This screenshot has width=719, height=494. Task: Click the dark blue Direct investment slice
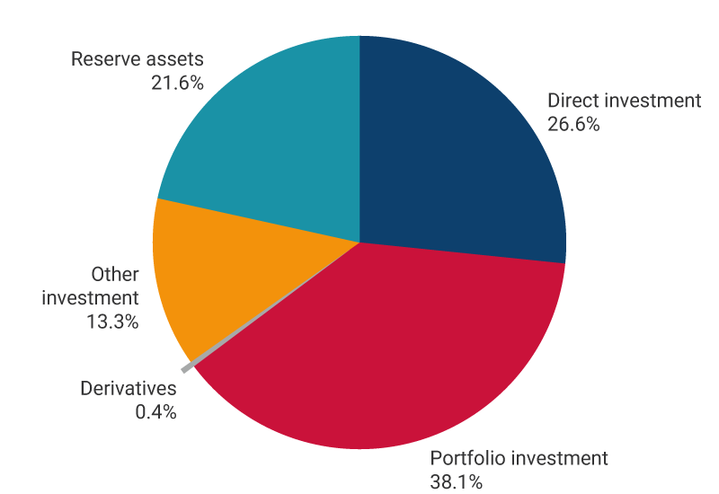(x=458, y=153)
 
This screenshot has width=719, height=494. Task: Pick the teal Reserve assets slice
(x=270, y=135)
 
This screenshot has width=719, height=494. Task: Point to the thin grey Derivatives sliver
(x=188, y=367)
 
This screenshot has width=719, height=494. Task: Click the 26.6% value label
(x=573, y=125)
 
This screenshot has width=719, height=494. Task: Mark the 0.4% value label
(x=154, y=413)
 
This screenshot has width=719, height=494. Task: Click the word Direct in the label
(x=571, y=101)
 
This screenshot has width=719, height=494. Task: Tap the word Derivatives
(x=129, y=389)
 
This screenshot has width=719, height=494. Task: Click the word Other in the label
(x=115, y=274)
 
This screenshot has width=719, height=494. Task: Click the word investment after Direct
(x=651, y=101)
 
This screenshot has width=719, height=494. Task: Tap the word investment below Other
(x=91, y=297)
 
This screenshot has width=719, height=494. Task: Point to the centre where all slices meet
(x=359, y=243)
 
